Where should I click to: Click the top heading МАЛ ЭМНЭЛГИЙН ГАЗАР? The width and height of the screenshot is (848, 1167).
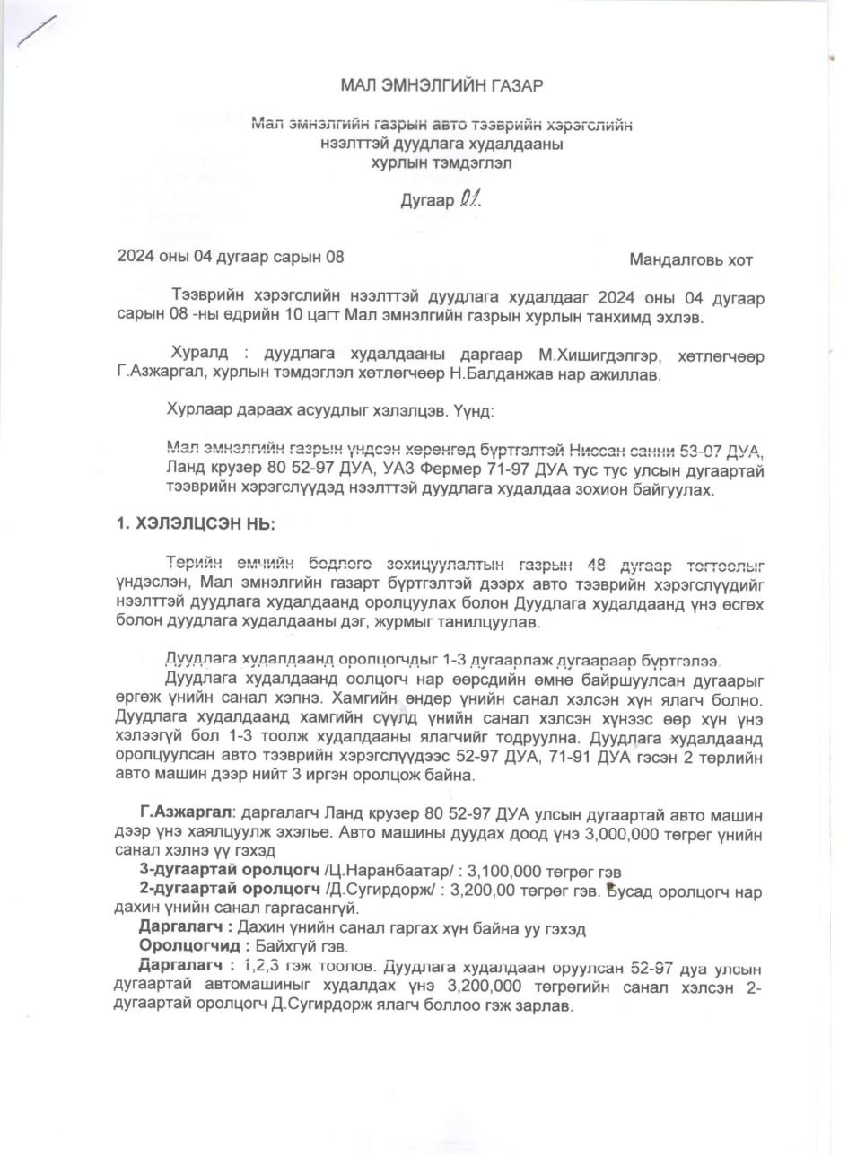click(442, 86)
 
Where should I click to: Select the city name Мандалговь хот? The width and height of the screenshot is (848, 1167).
click(691, 261)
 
